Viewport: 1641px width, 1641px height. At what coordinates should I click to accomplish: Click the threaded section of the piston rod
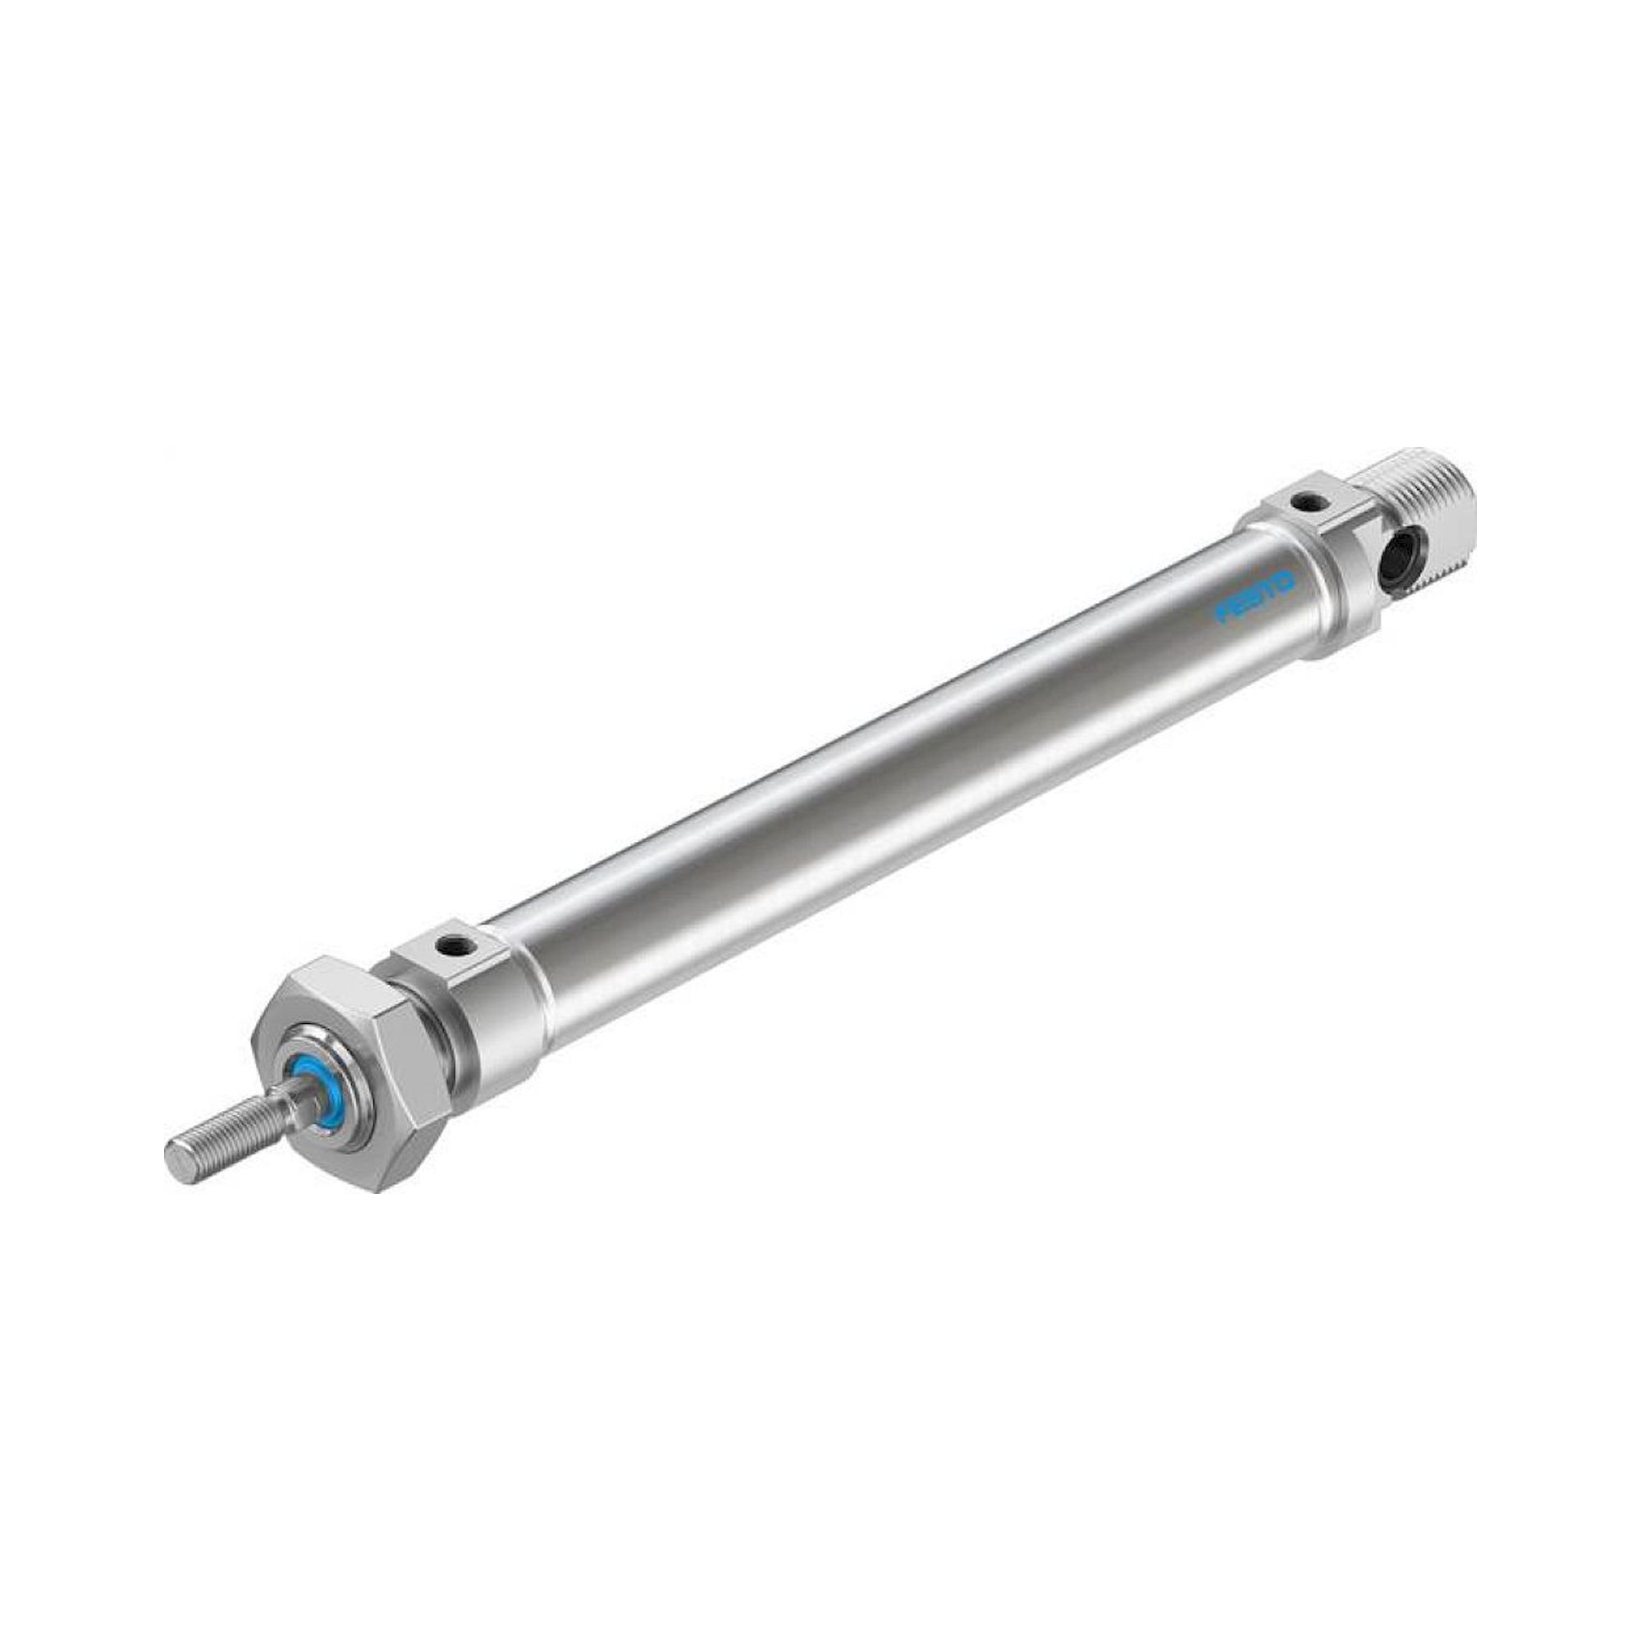[230, 1123]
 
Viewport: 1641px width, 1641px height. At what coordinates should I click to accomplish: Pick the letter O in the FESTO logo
[1282, 581]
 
